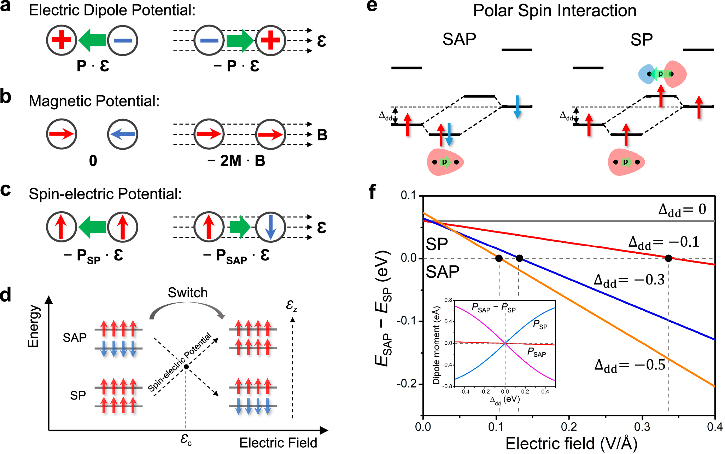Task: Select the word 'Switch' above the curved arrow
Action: (x=187, y=293)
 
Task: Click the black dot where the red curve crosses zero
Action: (x=668, y=258)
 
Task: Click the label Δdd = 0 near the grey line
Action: (x=682, y=209)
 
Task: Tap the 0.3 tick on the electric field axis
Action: (x=642, y=427)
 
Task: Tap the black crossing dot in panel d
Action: (x=186, y=367)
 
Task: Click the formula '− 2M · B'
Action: (x=236, y=161)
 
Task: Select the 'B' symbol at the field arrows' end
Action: (x=322, y=135)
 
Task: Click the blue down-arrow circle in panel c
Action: (x=270, y=227)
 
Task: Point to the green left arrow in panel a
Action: (x=92, y=40)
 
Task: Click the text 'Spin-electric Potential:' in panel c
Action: (x=105, y=194)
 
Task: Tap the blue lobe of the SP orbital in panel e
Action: (x=646, y=74)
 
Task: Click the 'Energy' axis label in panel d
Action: (x=33, y=326)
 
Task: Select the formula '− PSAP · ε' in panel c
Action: (x=236, y=255)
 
